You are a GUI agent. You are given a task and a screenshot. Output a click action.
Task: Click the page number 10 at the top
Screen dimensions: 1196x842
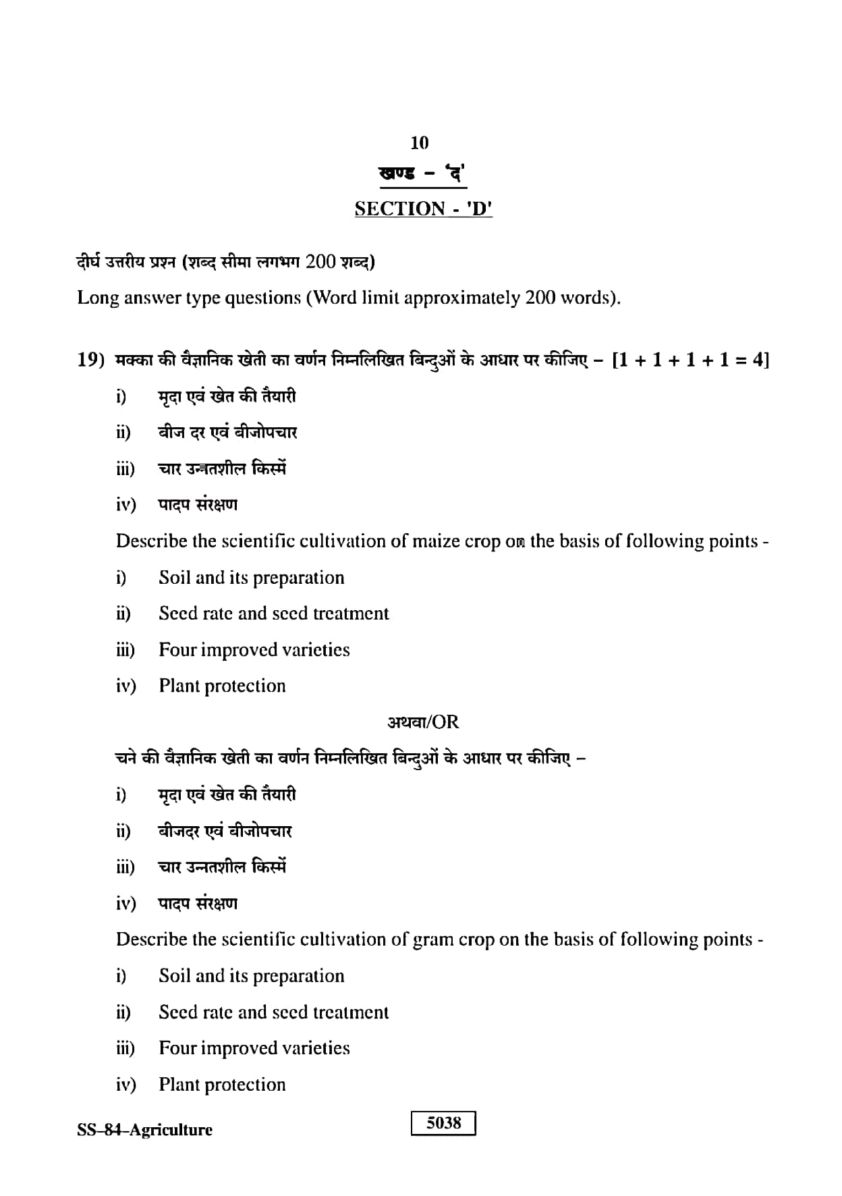[419, 142]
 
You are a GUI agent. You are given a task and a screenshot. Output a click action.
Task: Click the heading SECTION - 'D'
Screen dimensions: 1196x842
[423, 209]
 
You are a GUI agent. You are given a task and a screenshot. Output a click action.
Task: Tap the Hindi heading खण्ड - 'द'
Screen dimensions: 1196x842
[422, 175]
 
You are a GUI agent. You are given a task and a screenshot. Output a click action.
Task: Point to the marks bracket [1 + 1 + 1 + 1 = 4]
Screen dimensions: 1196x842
[690, 360]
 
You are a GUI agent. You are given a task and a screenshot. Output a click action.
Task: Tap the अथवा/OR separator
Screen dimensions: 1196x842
[423, 722]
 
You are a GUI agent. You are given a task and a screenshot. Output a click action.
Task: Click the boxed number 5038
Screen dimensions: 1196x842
[443, 1123]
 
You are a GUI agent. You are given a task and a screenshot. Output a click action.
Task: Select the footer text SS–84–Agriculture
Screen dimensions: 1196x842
[144, 1130]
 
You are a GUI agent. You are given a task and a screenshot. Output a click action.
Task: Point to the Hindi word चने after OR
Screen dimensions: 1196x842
[128, 759]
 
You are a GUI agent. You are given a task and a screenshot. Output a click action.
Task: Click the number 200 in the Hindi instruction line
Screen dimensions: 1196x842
[320, 261]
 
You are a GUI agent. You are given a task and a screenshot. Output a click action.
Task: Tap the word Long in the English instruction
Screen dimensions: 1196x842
[97, 298]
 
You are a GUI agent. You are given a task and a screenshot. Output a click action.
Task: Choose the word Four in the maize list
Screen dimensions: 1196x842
[177, 650]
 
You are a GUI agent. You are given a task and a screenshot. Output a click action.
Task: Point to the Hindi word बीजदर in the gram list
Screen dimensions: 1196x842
[179, 831]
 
